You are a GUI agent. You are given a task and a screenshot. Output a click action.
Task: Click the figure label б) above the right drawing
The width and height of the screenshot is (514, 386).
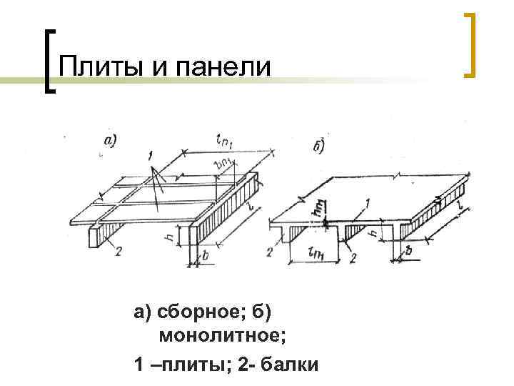click(x=319, y=148)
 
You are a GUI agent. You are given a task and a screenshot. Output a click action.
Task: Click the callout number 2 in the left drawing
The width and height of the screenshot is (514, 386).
click(x=117, y=251)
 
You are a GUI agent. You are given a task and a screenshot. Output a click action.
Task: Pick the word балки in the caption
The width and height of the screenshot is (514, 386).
click(x=288, y=365)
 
